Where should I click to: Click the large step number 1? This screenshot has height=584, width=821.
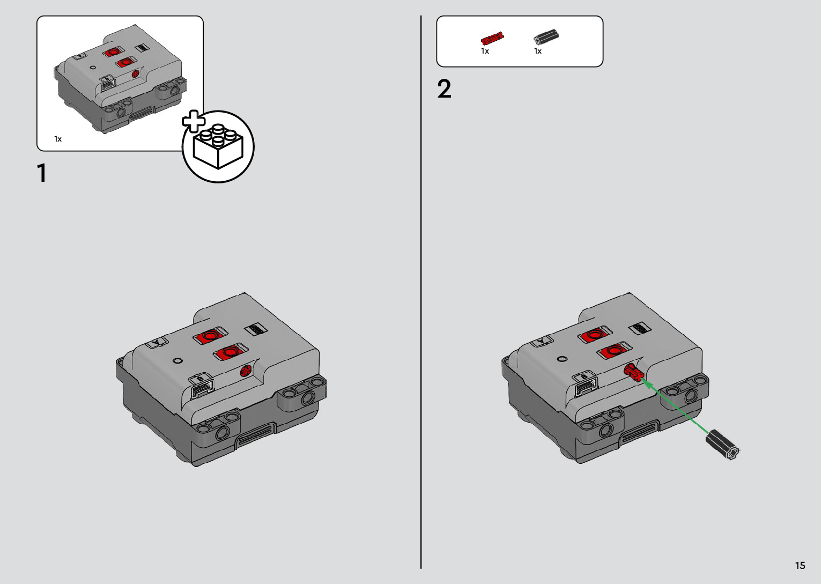[x=42, y=173]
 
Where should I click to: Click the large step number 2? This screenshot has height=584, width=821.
[x=444, y=88]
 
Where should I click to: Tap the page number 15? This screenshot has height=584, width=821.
[x=800, y=565]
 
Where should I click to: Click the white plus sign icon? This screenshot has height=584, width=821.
[x=194, y=121]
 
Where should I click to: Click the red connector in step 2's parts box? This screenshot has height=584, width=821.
[x=492, y=38]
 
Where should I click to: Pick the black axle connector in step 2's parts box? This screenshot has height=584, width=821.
[x=546, y=37]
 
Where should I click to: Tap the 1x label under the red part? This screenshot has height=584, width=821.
[x=485, y=51]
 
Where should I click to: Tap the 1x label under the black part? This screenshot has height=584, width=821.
[x=538, y=51]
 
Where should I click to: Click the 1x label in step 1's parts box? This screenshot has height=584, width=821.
[x=58, y=139]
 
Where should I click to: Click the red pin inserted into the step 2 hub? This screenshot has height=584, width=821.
[x=634, y=372]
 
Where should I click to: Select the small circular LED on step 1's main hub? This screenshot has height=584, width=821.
[x=177, y=361]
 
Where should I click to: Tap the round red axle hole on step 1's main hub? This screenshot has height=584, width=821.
[x=246, y=371]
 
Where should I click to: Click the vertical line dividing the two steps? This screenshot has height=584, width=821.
[x=421, y=292]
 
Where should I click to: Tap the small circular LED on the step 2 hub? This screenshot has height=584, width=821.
[x=562, y=359]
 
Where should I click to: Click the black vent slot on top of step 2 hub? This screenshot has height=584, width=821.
[x=640, y=329]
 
